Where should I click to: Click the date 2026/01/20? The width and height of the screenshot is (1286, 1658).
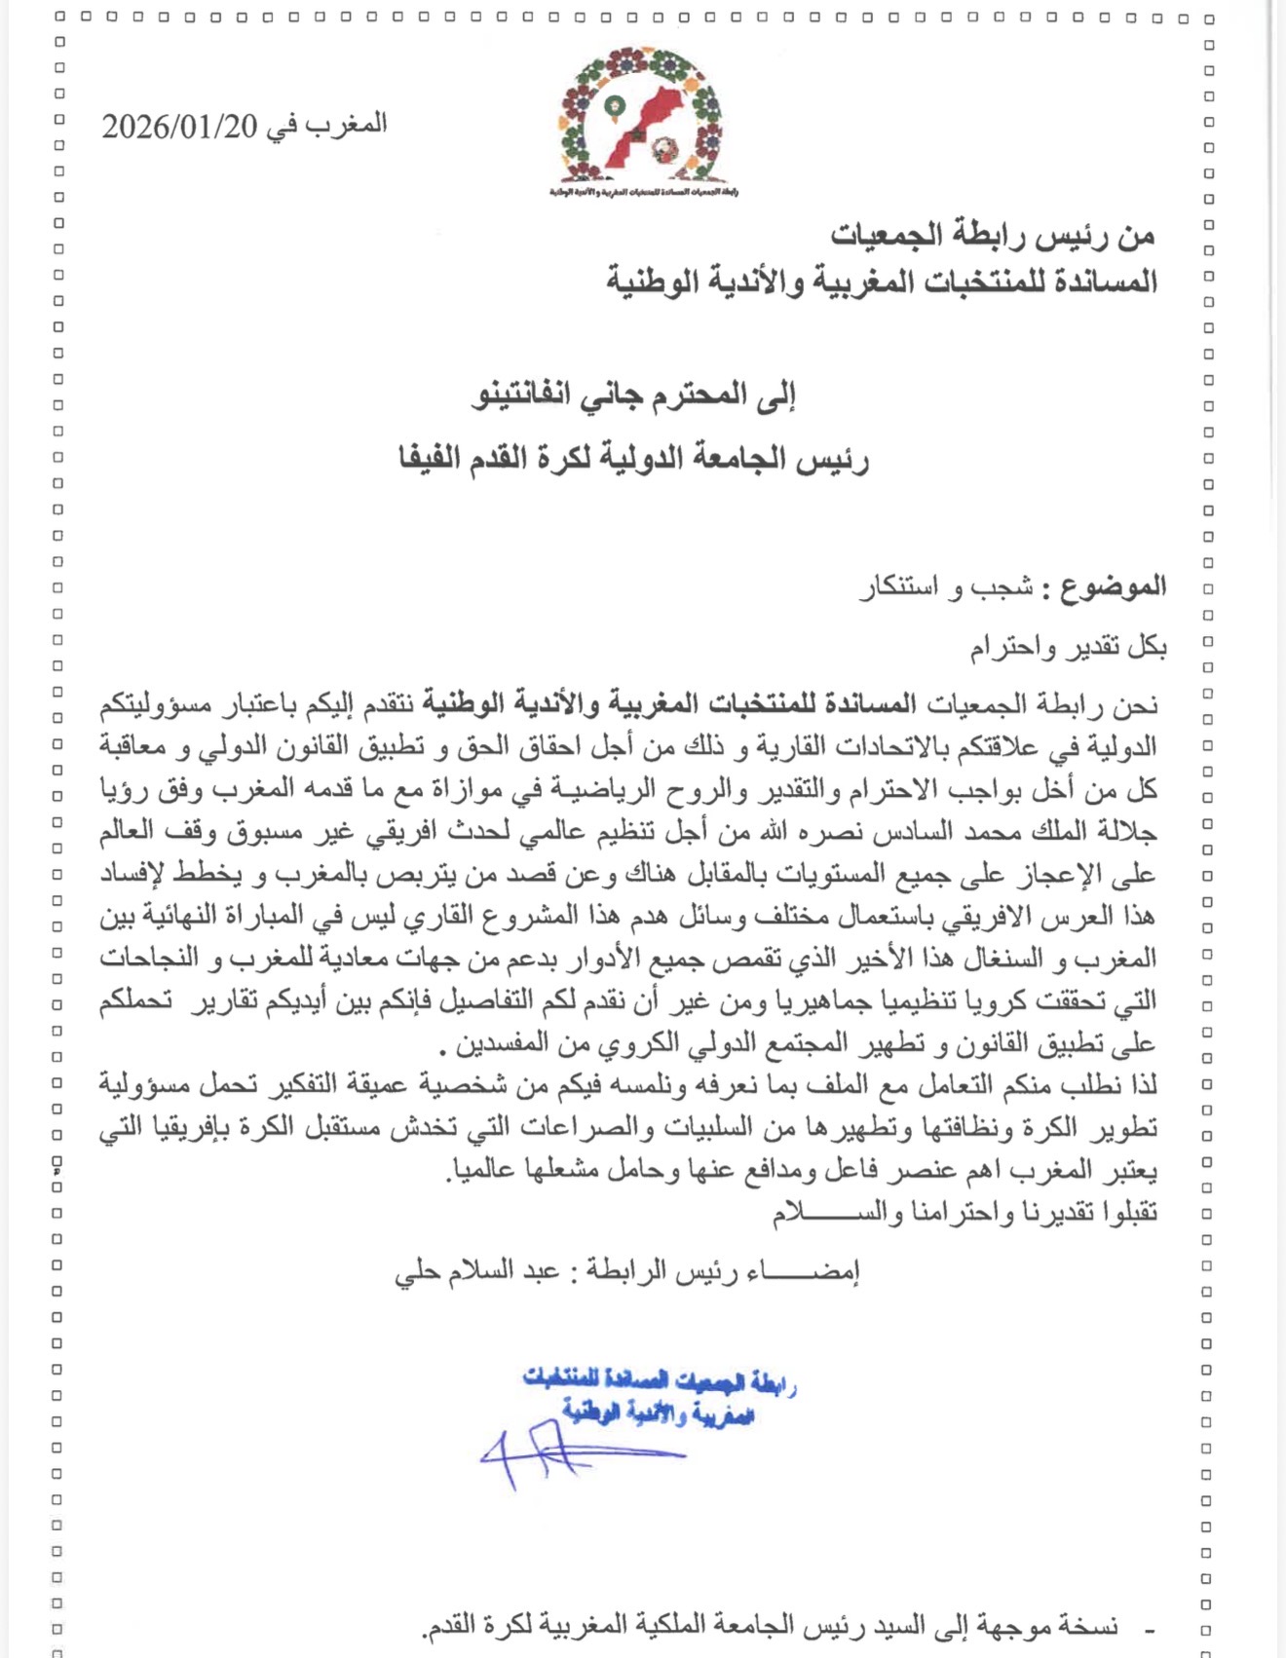pyautogui.click(x=180, y=127)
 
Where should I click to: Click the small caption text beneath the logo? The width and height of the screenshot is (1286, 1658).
pyautogui.click(x=643, y=192)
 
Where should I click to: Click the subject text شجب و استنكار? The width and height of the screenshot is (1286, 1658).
pyautogui.click(x=945, y=587)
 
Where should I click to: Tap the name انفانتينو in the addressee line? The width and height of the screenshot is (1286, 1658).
pyautogui.click(x=522, y=396)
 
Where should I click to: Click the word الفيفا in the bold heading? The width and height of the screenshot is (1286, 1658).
pyautogui.click(x=430, y=458)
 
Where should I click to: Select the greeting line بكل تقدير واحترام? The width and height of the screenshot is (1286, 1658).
pyautogui.click(x=1067, y=647)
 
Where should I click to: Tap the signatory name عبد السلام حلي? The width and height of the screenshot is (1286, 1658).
pyautogui.click(x=476, y=1272)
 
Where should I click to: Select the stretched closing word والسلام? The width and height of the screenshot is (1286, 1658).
pyautogui.click(x=828, y=1212)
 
